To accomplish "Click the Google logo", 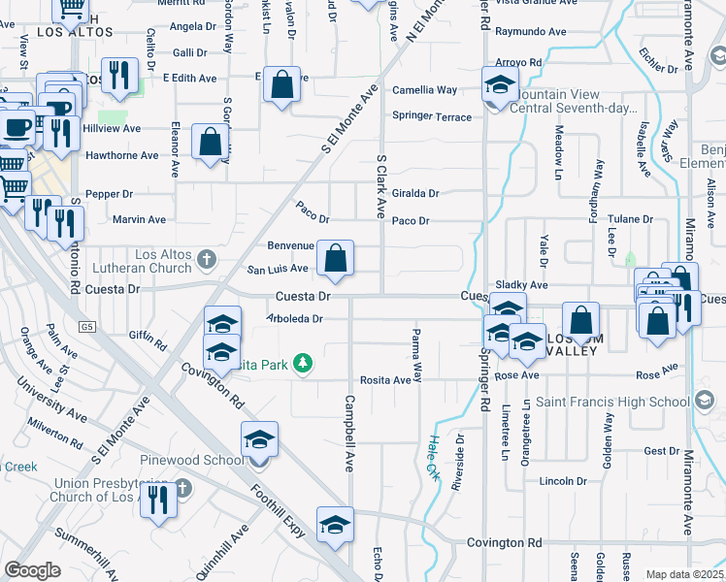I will [33, 570].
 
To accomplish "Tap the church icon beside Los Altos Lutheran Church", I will [206, 260].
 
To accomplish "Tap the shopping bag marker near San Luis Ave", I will [335, 259].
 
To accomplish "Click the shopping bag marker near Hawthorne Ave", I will [210, 143].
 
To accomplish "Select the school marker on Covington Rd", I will [335, 525].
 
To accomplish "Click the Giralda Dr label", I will [415, 193].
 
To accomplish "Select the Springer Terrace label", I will [432, 117].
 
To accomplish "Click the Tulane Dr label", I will [630, 220].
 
